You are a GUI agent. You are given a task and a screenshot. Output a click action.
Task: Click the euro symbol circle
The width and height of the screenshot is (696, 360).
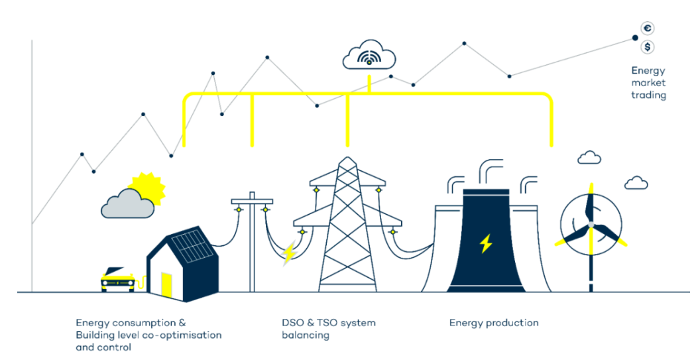click(x=648, y=29)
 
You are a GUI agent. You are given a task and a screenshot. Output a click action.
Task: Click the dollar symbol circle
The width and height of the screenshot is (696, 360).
click(x=648, y=46)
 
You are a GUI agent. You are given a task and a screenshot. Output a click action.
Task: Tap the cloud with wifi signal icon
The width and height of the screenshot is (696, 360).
click(x=369, y=54)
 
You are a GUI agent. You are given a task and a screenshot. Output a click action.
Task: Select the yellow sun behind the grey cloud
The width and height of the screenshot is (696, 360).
click(x=147, y=188)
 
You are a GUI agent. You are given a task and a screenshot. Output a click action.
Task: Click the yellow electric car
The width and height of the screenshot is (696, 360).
click(x=117, y=279)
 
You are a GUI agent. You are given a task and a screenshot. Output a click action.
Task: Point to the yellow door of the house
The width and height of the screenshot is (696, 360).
click(x=166, y=285)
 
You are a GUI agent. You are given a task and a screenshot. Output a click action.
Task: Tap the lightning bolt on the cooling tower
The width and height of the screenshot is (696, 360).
click(x=486, y=243)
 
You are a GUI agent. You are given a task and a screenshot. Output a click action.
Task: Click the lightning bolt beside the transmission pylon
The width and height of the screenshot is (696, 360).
click(x=290, y=253)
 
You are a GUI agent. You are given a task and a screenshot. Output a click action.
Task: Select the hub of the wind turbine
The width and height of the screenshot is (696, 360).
click(x=591, y=225)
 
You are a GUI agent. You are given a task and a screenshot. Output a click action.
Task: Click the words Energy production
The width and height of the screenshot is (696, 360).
click(x=494, y=323)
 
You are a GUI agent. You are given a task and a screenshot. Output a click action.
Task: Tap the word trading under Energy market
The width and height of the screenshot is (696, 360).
click(x=648, y=95)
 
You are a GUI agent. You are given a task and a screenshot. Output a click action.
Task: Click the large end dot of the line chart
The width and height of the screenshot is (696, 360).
click(x=635, y=38)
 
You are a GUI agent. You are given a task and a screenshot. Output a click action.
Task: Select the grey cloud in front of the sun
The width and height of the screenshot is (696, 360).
click(x=127, y=204)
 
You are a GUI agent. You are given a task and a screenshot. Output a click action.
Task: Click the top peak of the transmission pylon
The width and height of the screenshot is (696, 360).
click(x=347, y=157)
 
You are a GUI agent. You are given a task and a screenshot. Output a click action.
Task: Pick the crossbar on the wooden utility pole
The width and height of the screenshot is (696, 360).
click(x=252, y=202)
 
